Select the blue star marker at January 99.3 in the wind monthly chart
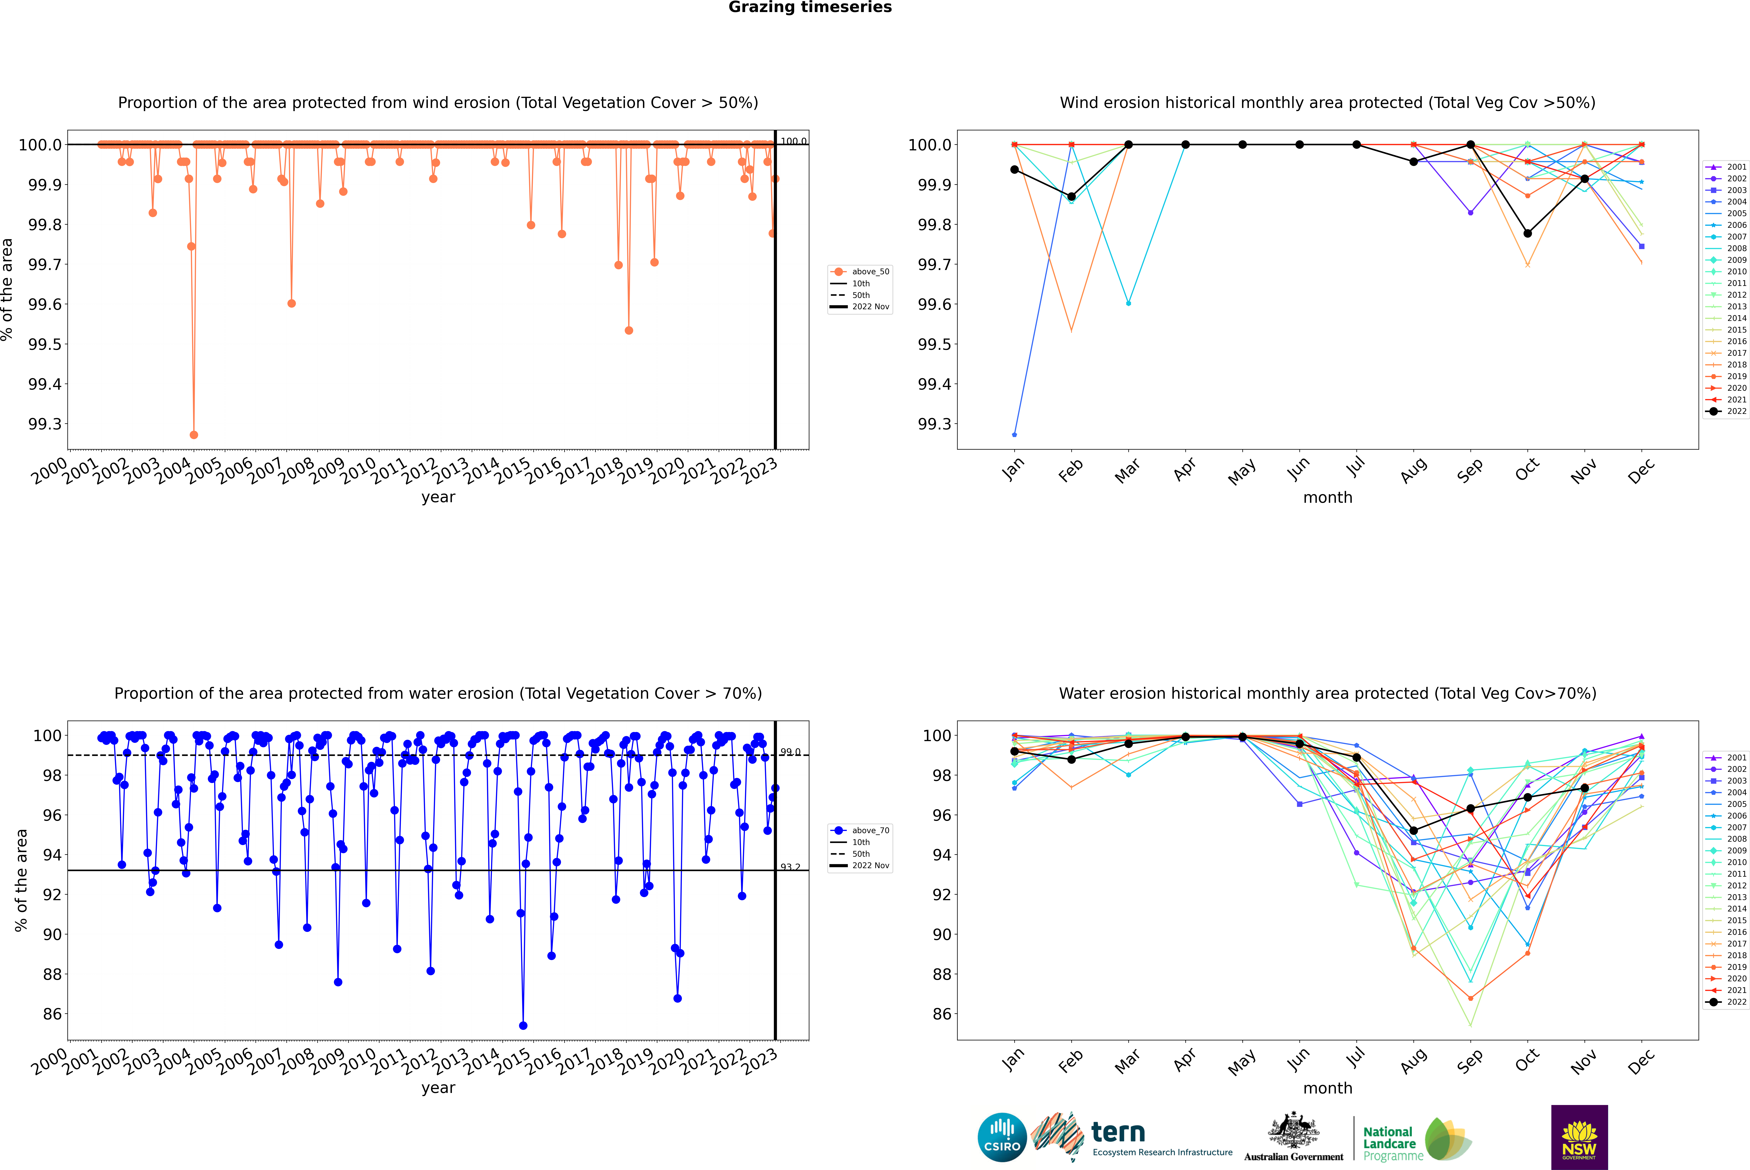pos(1014,434)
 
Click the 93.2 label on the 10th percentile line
pos(790,867)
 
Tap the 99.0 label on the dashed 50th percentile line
pos(790,752)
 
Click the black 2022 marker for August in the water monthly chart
pos(1414,831)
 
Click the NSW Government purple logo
pos(1579,1137)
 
